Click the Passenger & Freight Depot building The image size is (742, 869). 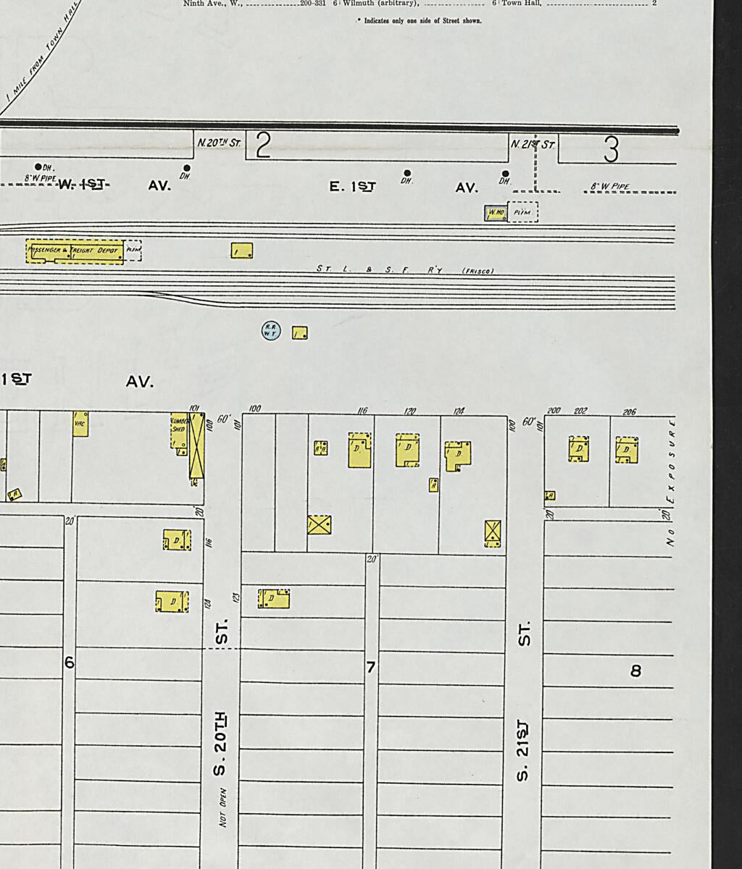(75, 251)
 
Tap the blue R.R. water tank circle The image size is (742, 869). (271, 331)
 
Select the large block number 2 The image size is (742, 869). (263, 146)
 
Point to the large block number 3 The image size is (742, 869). (611, 149)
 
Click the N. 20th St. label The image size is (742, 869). (219, 143)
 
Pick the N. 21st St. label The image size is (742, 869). (533, 144)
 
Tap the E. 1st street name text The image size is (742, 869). (353, 187)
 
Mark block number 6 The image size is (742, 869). (70, 663)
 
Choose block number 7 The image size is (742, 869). (370, 667)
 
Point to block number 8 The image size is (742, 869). (635, 671)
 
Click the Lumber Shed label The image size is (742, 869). (178, 425)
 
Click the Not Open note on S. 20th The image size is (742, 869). (224, 807)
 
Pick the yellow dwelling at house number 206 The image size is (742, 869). (627, 450)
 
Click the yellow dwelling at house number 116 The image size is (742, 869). (360, 450)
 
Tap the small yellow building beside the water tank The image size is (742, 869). (300, 333)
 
